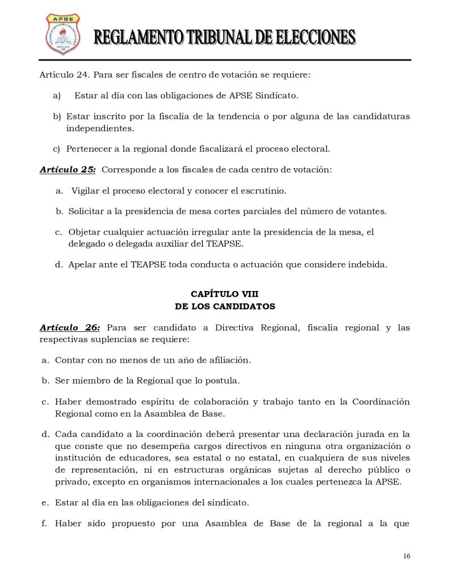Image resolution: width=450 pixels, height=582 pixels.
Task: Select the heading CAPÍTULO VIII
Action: coord(224,294)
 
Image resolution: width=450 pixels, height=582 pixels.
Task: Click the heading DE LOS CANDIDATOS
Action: coord(225,306)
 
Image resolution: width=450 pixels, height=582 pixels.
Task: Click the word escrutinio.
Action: coord(261,190)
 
